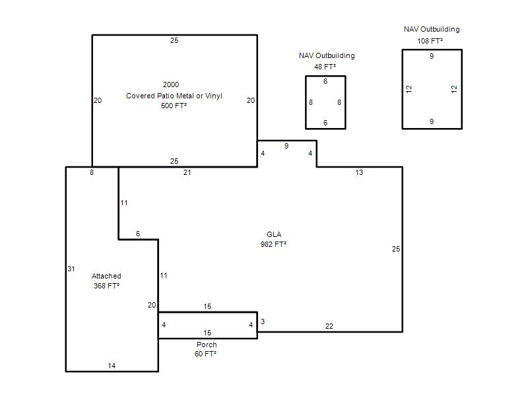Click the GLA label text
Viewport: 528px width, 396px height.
pyautogui.click(x=274, y=234)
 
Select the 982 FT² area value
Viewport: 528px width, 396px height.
pyautogui.click(x=273, y=244)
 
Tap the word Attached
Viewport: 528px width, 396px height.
pyautogui.click(x=106, y=276)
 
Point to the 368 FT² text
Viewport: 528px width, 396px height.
pyautogui.click(x=106, y=286)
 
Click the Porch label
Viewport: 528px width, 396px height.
pyautogui.click(x=207, y=345)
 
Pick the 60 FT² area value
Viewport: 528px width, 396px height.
pyautogui.click(x=205, y=354)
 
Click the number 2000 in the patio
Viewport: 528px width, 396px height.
pyautogui.click(x=171, y=84)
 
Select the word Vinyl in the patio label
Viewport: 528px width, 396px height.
pyautogui.click(x=213, y=96)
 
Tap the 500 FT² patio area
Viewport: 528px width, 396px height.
pyautogui.click(x=174, y=106)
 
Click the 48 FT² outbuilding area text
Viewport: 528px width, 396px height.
pyautogui.click(x=325, y=67)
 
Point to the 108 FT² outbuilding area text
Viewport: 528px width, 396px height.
pyautogui.click(x=430, y=41)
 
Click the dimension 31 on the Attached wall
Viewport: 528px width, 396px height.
pyautogui.click(x=71, y=269)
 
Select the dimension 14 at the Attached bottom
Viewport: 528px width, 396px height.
pyautogui.click(x=112, y=366)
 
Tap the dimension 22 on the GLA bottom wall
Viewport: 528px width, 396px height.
pyautogui.click(x=329, y=326)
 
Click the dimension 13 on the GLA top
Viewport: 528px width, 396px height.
pyautogui.click(x=359, y=172)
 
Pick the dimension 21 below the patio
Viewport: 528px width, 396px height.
pyautogui.click(x=187, y=172)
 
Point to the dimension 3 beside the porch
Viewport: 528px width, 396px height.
pyautogui.click(x=263, y=321)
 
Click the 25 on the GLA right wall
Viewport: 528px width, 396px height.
pyautogui.click(x=396, y=249)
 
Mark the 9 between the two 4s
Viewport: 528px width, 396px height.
pyautogui.click(x=286, y=146)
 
